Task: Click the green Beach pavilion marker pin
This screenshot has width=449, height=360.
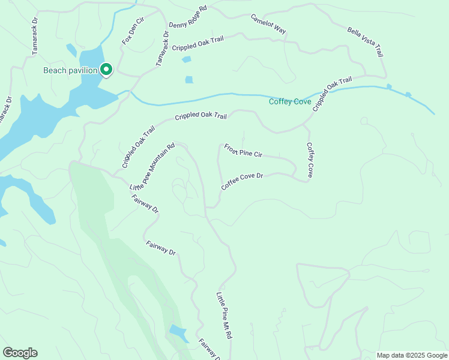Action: tap(106, 70)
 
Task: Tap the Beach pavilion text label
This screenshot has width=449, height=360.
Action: tap(70, 70)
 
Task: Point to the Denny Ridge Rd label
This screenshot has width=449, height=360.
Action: tap(187, 17)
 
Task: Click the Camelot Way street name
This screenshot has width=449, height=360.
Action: tap(268, 23)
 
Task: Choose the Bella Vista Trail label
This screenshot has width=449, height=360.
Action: tap(365, 41)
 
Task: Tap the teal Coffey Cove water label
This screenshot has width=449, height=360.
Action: tap(289, 101)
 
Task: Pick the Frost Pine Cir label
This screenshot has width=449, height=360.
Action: tap(243, 151)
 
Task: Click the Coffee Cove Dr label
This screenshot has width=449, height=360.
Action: tap(243, 182)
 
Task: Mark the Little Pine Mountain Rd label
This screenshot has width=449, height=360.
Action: tap(152, 167)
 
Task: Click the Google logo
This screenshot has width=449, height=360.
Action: tap(20, 353)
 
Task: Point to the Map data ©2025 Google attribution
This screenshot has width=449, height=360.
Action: tap(411, 355)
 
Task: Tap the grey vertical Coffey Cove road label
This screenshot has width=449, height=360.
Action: tap(310, 160)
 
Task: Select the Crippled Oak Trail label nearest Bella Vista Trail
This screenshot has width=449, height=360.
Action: tap(332, 93)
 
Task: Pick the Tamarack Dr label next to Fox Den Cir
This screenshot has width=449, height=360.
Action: tap(162, 48)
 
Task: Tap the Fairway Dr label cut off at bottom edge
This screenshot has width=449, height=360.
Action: tap(209, 348)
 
